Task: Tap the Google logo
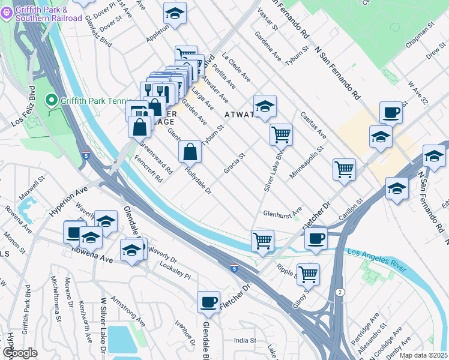tap(20, 353)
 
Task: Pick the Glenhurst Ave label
tap(283, 214)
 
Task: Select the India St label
tap(245, 341)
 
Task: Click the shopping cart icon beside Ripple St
tap(308, 275)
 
